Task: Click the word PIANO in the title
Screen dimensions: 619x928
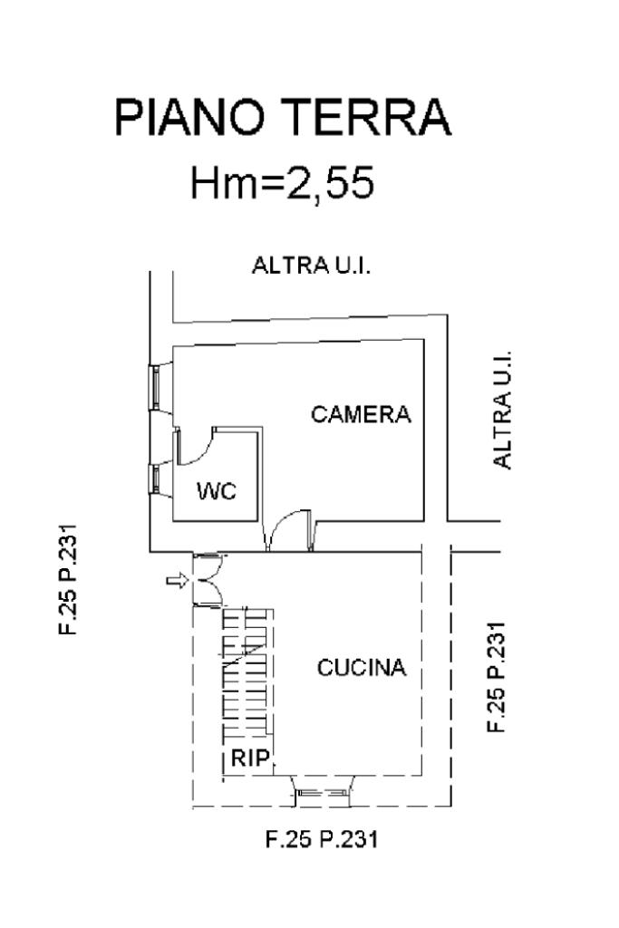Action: click(x=189, y=118)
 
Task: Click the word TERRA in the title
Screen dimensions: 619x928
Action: click(x=366, y=118)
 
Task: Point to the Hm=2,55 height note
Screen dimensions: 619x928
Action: click(x=282, y=182)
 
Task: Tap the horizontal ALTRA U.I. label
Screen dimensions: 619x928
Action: click(x=311, y=266)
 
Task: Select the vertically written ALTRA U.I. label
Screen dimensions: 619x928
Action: click(x=502, y=411)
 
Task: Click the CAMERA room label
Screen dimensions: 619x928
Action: click(x=361, y=414)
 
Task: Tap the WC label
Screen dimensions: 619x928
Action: click(x=217, y=490)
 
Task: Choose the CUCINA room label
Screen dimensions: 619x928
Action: click(x=362, y=668)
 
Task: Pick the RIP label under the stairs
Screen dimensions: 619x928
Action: click(x=250, y=758)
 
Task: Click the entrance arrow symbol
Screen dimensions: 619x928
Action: click(x=177, y=581)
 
